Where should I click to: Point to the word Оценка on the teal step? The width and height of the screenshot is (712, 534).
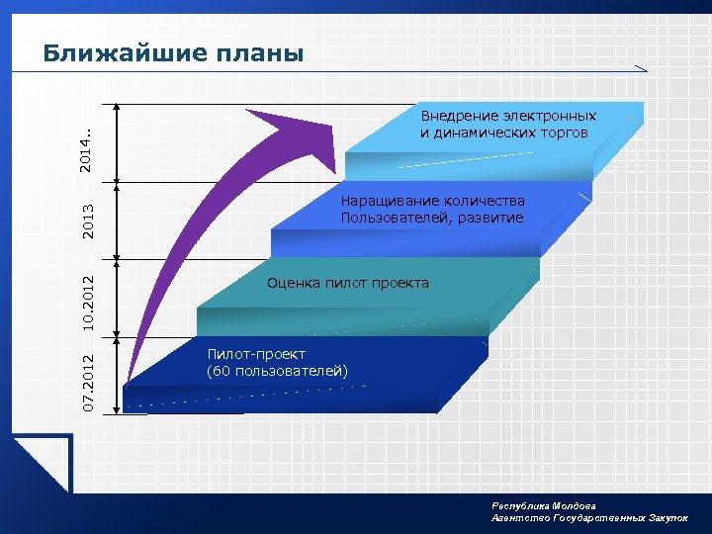pos(292,284)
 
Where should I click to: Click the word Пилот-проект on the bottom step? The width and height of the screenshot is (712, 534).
pos(256,354)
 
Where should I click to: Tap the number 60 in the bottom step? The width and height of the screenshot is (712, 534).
pos(221,371)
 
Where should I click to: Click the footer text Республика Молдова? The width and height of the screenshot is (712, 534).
pos(543,505)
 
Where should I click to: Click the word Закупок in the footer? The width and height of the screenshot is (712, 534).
pos(668,517)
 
